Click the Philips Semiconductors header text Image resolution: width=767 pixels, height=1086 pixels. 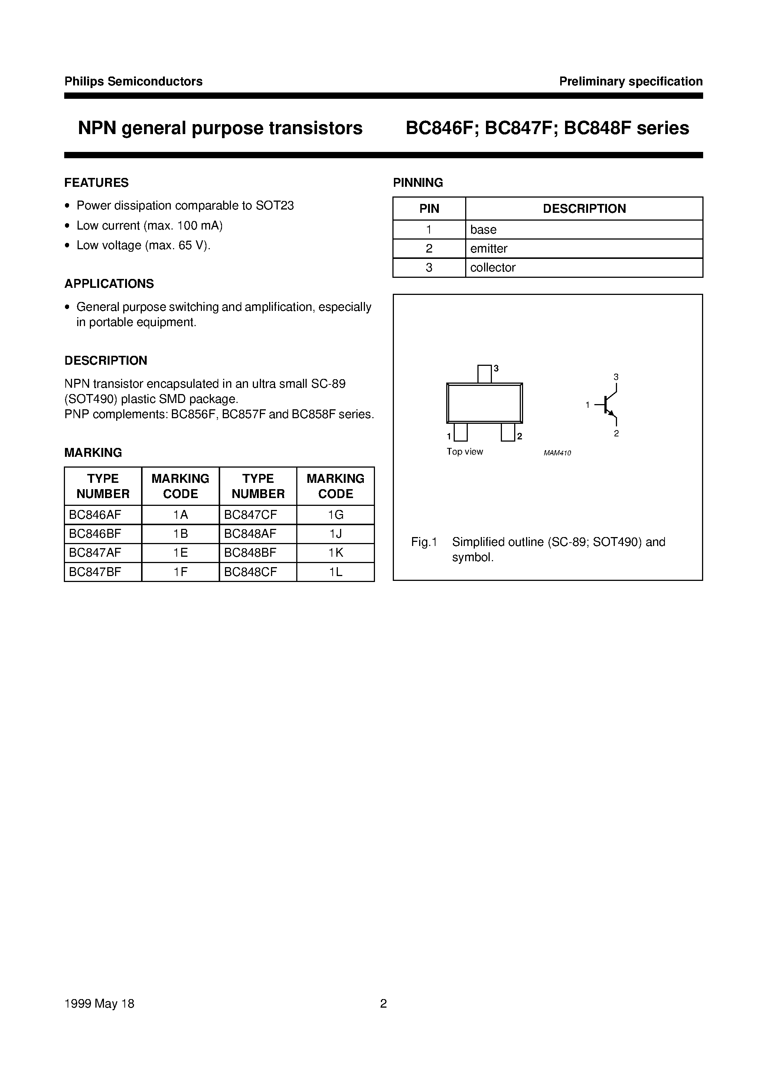point(133,81)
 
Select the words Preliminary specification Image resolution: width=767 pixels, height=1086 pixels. point(630,81)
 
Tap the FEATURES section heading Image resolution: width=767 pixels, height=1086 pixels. point(97,183)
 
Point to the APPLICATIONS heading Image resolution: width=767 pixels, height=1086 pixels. point(109,284)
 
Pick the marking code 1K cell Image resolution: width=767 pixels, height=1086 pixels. point(335,552)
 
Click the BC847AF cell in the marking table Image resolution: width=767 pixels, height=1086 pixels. point(95,552)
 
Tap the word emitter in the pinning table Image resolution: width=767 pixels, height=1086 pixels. point(489,248)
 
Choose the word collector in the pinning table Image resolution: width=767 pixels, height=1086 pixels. point(492,267)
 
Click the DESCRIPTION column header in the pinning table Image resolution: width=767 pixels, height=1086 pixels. point(584,209)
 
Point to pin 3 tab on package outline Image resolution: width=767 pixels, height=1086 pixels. point(484,374)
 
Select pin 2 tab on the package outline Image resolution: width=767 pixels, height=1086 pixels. point(508,432)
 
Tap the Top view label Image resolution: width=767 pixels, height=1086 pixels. point(464,452)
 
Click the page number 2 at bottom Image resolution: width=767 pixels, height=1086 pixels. point(383,1004)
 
